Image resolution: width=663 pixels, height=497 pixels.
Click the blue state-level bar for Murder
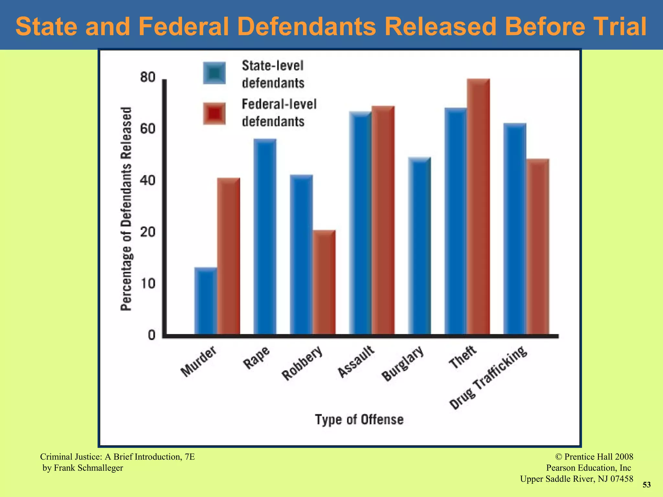click(206, 301)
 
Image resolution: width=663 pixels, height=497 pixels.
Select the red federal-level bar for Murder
click(229, 256)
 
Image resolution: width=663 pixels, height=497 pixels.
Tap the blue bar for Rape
click(265, 236)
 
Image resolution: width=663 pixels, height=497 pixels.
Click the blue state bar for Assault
click(360, 223)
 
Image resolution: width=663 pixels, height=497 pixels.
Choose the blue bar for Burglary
click(420, 246)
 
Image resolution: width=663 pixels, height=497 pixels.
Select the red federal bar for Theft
click(478, 207)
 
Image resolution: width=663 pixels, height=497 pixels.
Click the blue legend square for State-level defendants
click(214, 73)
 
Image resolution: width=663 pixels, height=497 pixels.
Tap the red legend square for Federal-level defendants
click(214, 114)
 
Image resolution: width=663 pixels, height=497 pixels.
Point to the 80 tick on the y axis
click(148, 78)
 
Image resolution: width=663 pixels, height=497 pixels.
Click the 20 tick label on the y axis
click(148, 232)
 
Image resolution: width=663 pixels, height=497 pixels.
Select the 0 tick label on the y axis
click(152, 335)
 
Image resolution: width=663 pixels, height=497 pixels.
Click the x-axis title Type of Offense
click(359, 420)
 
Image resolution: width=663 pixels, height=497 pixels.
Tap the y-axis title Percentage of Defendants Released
click(126, 209)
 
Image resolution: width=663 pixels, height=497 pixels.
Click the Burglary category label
click(403, 364)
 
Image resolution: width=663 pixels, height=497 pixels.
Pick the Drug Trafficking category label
click(488, 378)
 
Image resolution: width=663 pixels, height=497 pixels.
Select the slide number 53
click(646, 485)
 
